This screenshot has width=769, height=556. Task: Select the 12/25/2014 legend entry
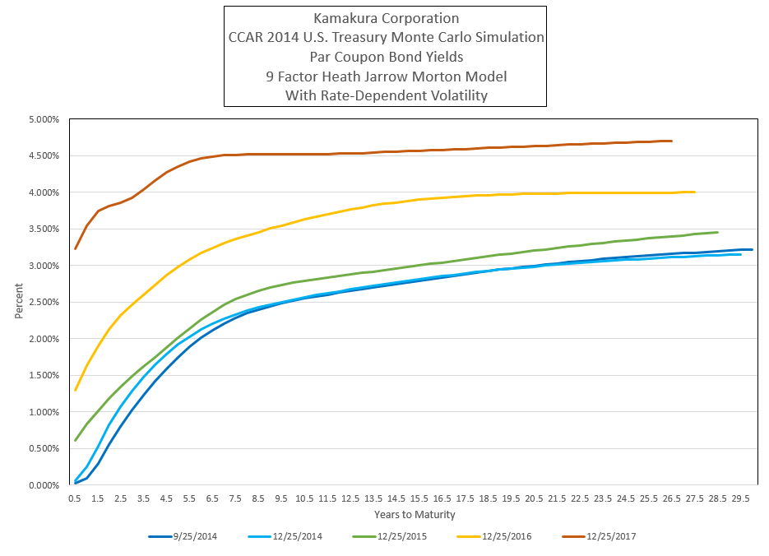[x=285, y=536]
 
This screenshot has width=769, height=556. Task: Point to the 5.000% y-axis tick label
[x=43, y=119]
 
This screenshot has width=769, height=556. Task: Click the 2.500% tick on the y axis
[x=43, y=303]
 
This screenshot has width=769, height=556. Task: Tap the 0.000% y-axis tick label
[x=43, y=485]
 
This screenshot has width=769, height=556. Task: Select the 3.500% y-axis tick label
[x=43, y=229]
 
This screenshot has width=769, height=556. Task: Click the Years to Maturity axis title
[x=409, y=515]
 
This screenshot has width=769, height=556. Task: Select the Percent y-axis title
[x=19, y=302]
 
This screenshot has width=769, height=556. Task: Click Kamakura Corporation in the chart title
[x=385, y=18]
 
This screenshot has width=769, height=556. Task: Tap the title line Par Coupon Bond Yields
[x=385, y=57]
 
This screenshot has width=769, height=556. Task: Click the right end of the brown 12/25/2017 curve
[x=672, y=141]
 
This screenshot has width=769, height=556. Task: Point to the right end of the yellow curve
[x=695, y=192]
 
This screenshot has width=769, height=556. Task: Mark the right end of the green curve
[x=718, y=232]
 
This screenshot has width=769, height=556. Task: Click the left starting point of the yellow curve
[x=75, y=390]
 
